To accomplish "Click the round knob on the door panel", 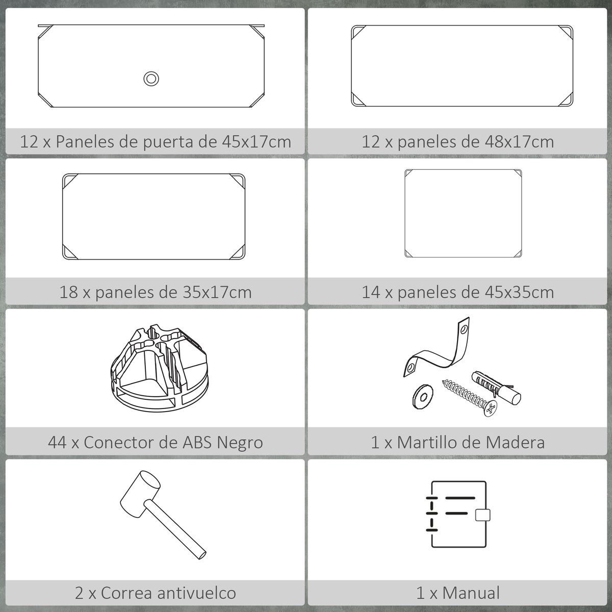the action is coord(151,79).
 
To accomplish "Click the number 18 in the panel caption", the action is coord(69,292).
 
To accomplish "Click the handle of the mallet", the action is coord(175,529).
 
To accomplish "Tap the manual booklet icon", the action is coord(457,514).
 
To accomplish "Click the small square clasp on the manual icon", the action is coord(483,515).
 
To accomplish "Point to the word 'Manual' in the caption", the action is coord(471,593).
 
